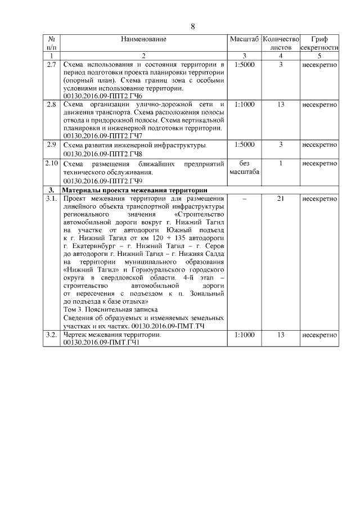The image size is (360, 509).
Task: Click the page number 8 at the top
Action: [x=193, y=26]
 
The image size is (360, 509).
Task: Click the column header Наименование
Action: [x=143, y=39]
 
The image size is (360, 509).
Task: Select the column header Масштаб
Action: [x=244, y=39]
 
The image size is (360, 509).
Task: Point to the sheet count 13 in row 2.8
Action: [x=281, y=104]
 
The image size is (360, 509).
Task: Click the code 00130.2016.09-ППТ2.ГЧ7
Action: [x=102, y=136]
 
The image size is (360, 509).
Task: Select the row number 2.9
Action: [x=51, y=145]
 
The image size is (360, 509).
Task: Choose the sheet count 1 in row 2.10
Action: [x=281, y=163]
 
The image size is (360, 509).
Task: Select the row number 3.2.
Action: [x=51, y=335]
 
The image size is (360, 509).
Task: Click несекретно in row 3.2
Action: [x=319, y=335]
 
